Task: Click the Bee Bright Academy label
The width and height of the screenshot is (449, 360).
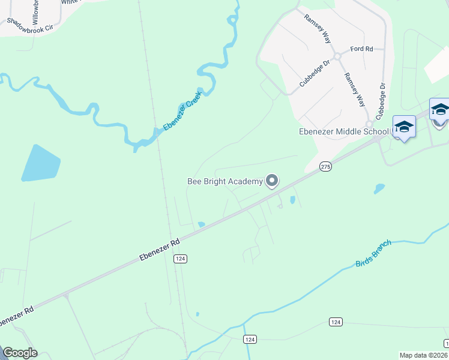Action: click(x=224, y=181)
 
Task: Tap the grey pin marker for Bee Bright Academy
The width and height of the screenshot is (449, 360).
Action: click(x=272, y=181)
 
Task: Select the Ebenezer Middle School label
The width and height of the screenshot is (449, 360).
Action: click(x=345, y=132)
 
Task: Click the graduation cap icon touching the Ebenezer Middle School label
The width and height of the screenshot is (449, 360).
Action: click(x=404, y=127)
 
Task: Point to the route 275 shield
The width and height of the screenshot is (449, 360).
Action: click(x=325, y=166)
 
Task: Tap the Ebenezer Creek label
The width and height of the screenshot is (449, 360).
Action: click(x=181, y=115)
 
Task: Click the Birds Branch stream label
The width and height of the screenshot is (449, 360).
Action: click(x=373, y=253)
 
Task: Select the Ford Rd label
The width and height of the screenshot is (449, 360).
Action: click(x=362, y=49)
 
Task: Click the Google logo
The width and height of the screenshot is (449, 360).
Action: click(x=20, y=353)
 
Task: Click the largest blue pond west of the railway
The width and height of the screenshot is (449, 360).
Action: click(x=40, y=163)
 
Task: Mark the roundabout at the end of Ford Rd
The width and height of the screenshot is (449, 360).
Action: click(x=337, y=56)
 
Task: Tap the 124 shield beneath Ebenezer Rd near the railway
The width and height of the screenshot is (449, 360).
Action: click(x=180, y=259)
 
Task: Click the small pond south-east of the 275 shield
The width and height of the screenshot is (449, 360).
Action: click(x=379, y=188)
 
